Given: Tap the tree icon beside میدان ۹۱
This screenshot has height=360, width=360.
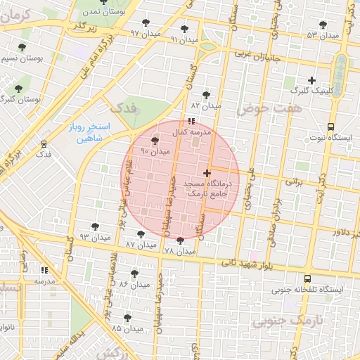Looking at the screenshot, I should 184,29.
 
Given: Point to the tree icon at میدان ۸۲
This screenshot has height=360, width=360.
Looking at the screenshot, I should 206,94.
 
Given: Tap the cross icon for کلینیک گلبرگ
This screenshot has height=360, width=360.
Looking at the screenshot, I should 311,80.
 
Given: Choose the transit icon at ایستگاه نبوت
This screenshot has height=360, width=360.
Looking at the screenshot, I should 330,127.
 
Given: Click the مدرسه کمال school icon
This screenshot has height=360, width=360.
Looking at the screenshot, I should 193,122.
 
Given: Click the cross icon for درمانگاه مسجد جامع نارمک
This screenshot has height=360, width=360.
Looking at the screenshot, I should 207,172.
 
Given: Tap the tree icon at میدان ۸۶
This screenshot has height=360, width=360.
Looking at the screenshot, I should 134,273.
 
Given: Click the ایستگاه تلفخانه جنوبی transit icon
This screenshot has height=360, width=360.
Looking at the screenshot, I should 307,278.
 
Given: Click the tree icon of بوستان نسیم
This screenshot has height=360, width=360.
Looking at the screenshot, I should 22,48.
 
